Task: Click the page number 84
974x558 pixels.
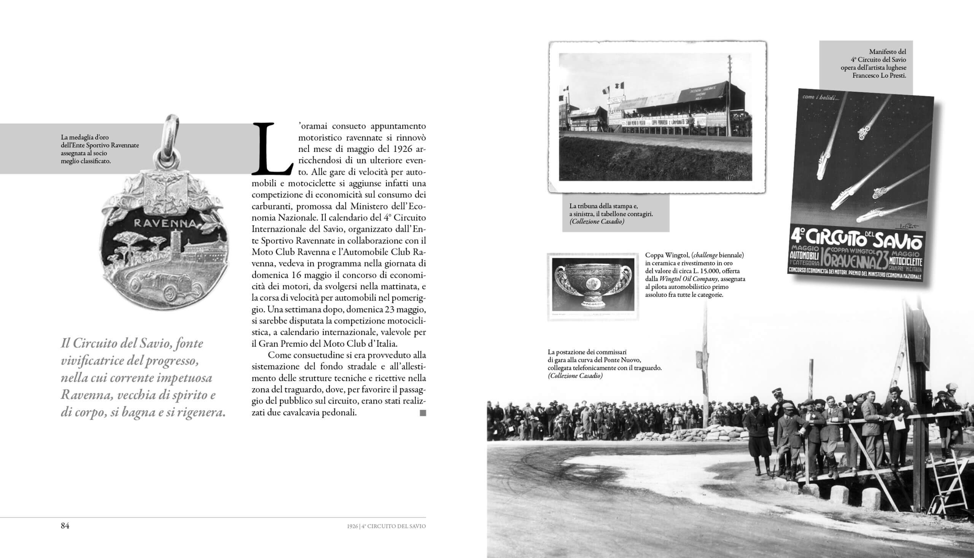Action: (65, 526)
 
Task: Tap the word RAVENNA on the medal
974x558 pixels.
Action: (166, 223)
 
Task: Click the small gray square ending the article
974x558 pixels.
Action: (423, 413)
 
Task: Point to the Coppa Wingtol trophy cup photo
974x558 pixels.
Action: (593, 287)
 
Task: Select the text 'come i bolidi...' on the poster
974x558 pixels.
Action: (820, 98)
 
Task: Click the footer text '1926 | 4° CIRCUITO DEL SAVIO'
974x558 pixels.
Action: (386, 526)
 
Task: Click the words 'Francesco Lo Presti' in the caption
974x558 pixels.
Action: (879, 76)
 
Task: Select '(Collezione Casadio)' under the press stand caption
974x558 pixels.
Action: (597, 222)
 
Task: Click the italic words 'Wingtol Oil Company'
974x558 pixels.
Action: (688, 279)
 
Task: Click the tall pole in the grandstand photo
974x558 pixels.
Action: (729, 96)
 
